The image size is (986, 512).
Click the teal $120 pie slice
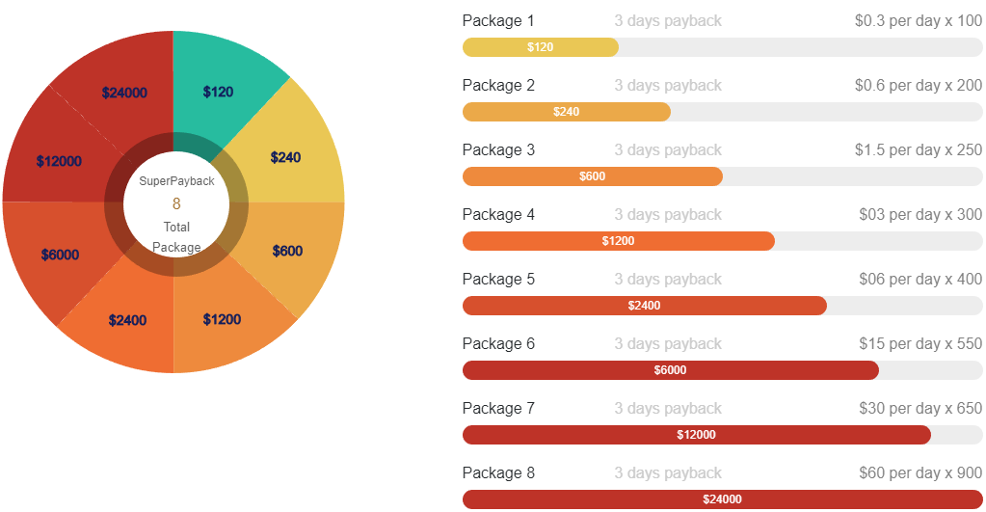pos(218,92)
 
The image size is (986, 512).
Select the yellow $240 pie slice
pos(285,157)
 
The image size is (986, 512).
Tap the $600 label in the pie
pos(287,251)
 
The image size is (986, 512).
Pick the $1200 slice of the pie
pos(222,319)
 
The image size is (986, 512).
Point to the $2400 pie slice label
pos(127,320)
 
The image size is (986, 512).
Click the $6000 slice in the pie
pos(60,255)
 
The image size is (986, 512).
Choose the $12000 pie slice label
pos(59,161)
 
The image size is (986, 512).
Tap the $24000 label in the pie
pos(124,93)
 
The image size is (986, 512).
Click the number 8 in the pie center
pos(176,203)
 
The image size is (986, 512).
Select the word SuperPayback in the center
pos(176,181)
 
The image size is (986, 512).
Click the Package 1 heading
pos(497,20)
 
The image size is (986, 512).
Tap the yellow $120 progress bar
pos(541,47)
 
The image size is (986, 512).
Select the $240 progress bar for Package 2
pos(567,112)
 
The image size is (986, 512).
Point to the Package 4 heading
pos(498,214)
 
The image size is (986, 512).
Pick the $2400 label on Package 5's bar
pos(644,306)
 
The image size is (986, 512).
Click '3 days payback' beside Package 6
pos(668,343)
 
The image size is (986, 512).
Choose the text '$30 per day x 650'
pos(920,408)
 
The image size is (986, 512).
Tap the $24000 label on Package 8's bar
pos(722,499)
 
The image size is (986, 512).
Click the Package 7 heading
pos(498,408)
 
